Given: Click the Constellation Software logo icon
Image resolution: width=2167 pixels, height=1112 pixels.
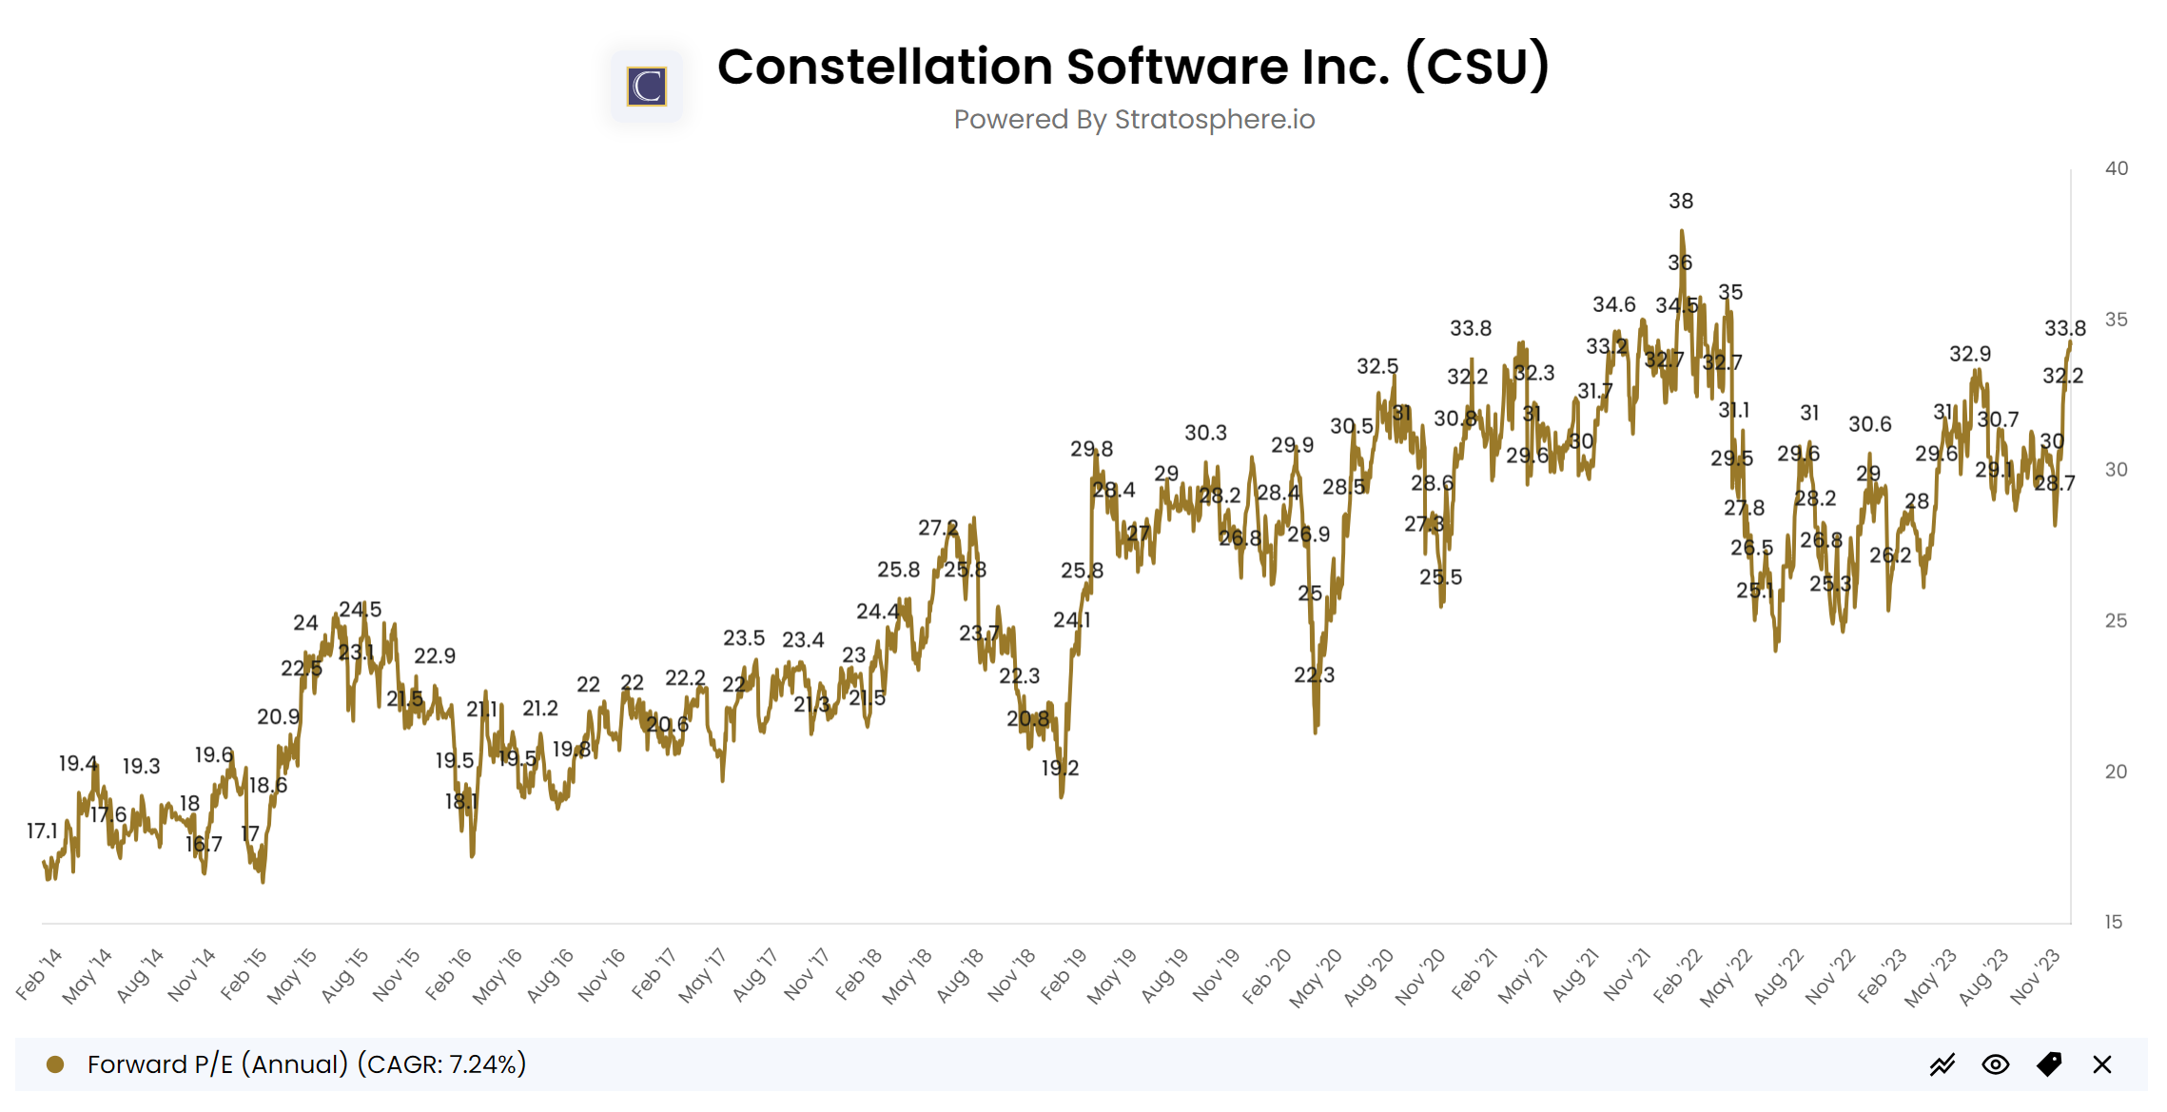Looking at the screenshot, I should (647, 87).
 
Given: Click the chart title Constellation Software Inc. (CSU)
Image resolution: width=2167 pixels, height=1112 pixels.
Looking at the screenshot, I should (1133, 67).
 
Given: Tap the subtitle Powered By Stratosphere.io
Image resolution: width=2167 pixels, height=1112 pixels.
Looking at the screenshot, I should (1134, 120).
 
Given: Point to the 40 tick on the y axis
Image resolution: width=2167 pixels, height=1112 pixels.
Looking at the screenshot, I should (2116, 168).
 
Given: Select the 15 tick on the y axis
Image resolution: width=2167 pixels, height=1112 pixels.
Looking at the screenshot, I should (2113, 922).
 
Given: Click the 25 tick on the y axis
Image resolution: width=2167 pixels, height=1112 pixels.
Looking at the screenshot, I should (2116, 620).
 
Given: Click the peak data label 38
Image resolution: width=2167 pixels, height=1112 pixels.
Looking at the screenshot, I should (1681, 201).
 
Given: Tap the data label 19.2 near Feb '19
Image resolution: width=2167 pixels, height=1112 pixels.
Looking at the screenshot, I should (1060, 768).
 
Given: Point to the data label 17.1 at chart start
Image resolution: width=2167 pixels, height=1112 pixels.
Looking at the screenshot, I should (43, 830).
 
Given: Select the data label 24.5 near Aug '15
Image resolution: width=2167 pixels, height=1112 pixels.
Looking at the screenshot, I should (360, 609).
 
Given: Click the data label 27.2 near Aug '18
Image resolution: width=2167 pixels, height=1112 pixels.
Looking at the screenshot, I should (938, 527).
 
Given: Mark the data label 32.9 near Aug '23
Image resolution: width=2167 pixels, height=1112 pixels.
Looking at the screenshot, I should (1969, 354).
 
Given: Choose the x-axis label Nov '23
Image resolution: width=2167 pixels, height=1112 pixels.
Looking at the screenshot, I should (2035, 976).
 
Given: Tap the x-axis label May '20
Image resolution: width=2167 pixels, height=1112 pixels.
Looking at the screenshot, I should (1316, 977).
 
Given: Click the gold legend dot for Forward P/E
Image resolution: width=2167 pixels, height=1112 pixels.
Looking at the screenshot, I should (55, 1064).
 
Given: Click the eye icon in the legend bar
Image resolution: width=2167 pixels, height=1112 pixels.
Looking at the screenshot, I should (1995, 1064).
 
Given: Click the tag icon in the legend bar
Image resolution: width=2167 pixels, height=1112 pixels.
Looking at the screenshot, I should (2049, 1064).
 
